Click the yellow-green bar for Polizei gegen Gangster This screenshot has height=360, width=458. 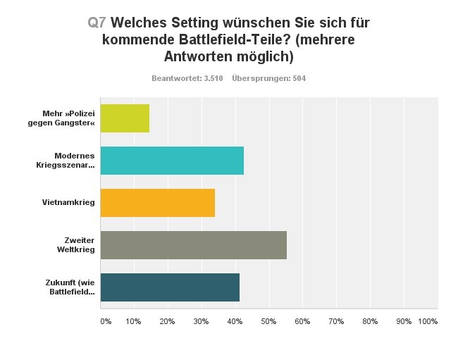pos(125,118)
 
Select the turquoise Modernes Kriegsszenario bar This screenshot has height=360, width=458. pos(172,161)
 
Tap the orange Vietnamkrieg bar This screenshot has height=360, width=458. pos(157,203)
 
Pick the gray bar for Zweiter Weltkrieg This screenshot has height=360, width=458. pos(193,245)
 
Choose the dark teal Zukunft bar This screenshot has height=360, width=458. pos(170,287)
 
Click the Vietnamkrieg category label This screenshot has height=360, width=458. pos(68,203)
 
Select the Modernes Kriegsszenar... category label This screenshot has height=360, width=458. pos(74,161)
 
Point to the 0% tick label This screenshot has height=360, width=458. pos(106,321)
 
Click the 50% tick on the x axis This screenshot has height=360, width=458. pos(268,321)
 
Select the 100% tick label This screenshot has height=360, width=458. pos(428,321)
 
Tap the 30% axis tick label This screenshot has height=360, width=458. pos(200,321)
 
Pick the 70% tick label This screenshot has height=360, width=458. pos(335,321)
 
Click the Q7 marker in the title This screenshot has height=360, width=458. pos(97,23)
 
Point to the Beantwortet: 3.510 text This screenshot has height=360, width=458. pos(187,78)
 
